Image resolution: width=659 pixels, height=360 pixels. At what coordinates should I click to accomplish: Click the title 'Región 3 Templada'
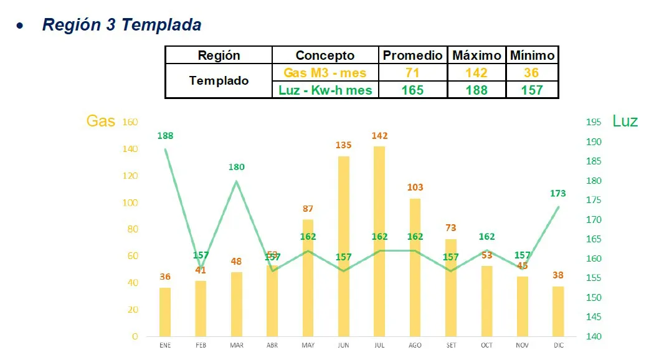[x=121, y=25]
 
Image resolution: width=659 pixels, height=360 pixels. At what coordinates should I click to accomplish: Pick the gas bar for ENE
[x=165, y=311]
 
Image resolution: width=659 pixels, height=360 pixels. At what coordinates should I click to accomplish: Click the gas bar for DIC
[x=558, y=311]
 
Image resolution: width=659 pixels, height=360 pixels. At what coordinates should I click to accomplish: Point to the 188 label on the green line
[x=166, y=135]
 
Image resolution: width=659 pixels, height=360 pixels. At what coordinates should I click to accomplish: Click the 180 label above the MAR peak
[x=237, y=167]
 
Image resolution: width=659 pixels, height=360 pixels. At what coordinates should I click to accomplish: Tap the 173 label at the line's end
[x=558, y=194]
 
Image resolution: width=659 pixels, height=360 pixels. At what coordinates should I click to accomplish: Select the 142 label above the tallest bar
[x=379, y=136]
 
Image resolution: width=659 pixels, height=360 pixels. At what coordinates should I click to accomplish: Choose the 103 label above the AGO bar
[x=415, y=187]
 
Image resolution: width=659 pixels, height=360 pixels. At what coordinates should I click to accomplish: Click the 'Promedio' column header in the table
[x=412, y=55]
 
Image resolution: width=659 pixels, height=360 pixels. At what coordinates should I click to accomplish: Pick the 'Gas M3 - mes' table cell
[x=325, y=73]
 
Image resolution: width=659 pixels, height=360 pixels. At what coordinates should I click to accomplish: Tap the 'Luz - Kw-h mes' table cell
[x=325, y=90]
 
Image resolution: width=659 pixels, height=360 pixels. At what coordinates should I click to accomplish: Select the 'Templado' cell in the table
[x=219, y=81]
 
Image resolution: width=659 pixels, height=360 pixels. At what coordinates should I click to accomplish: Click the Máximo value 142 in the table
[x=476, y=73]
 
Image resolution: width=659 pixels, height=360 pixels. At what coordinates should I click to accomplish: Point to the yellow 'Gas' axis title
[x=100, y=121]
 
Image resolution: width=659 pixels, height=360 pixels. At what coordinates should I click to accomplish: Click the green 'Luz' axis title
[x=625, y=121]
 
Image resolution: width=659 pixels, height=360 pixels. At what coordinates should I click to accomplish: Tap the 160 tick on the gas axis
[x=130, y=122]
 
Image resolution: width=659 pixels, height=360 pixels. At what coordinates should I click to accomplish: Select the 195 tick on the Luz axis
[x=594, y=122]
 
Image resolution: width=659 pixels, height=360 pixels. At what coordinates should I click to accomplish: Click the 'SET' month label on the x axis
[x=450, y=345]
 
